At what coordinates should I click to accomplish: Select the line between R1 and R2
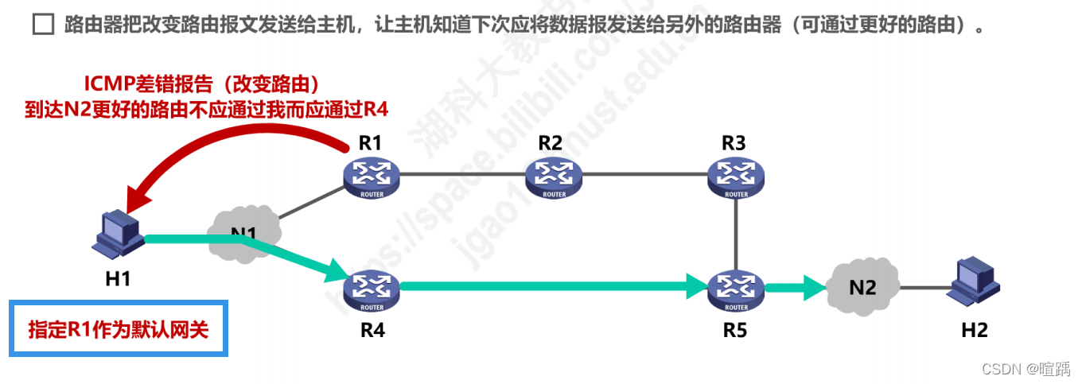click(462, 173)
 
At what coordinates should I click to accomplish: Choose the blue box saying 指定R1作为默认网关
click(119, 328)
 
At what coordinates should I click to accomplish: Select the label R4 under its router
click(372, 328)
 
